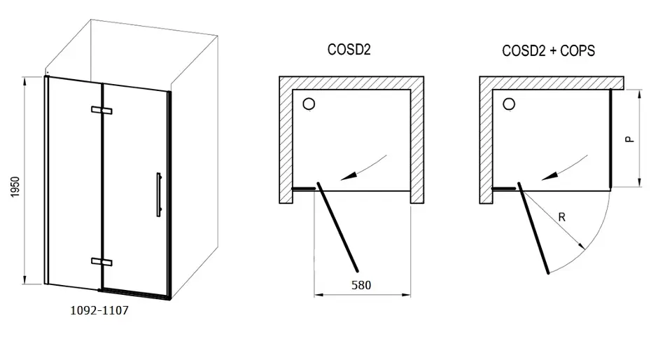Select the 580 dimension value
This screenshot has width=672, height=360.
coord(361,285)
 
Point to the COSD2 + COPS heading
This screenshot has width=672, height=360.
coord(549,51)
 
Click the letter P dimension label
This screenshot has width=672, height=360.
coord(630,139)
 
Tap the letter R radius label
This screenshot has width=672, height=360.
coord(561,217)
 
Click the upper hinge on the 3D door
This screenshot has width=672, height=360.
coord(101,110)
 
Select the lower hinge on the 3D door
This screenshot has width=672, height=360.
coord(101,261)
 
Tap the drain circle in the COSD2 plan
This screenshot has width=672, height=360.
coord(308,105)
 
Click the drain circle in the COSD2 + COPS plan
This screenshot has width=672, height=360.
coord(509,105)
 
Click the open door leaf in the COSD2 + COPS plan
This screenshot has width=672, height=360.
coord(533,228)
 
